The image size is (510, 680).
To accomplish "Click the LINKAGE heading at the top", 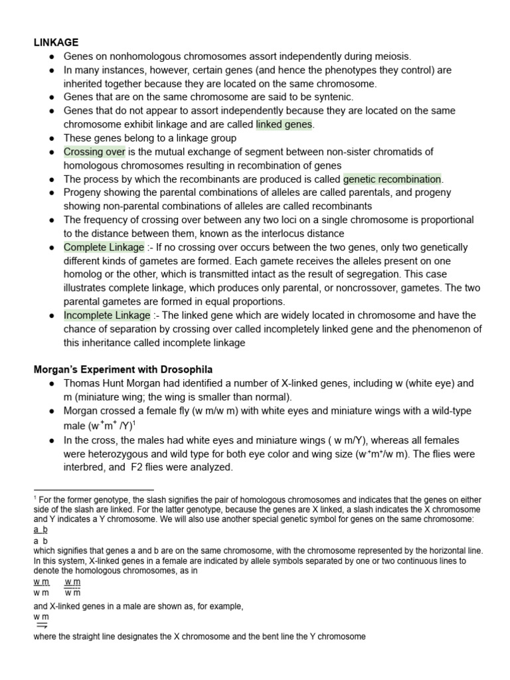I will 56,42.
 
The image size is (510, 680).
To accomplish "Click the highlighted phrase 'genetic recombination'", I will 392,179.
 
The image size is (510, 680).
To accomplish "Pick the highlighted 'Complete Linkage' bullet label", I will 104,247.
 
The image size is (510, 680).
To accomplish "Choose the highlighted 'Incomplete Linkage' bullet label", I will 107,315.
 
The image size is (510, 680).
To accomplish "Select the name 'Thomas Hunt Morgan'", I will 109,384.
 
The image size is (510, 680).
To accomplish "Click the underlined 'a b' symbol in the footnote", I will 40,530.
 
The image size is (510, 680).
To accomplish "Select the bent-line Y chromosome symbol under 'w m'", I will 41,625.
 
